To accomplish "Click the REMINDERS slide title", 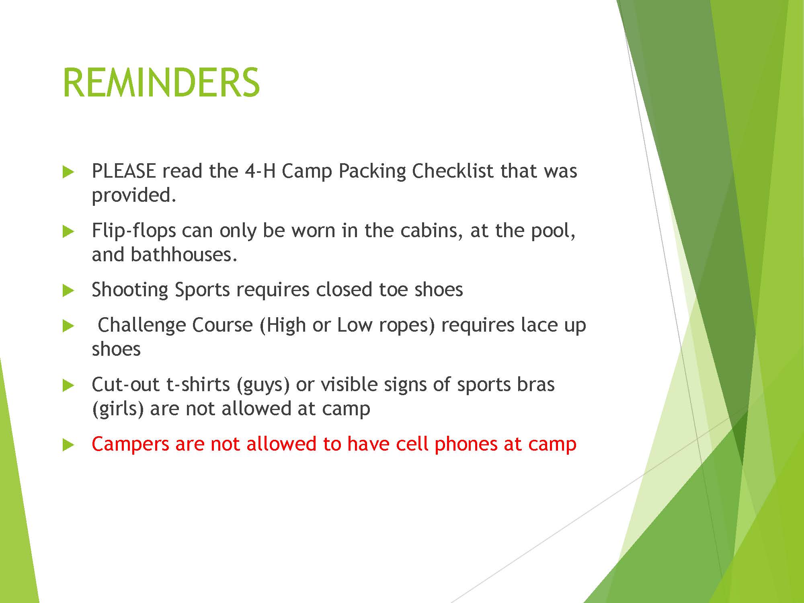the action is (161, 82).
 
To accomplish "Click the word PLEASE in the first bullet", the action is (123, 171).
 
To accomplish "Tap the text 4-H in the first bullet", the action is (260, 171).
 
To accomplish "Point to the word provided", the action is (134, 196).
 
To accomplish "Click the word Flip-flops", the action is (134, 231).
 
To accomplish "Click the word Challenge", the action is (142, 325).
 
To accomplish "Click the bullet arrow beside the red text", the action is (69, 445).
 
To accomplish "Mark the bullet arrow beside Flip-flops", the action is (69, 232).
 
